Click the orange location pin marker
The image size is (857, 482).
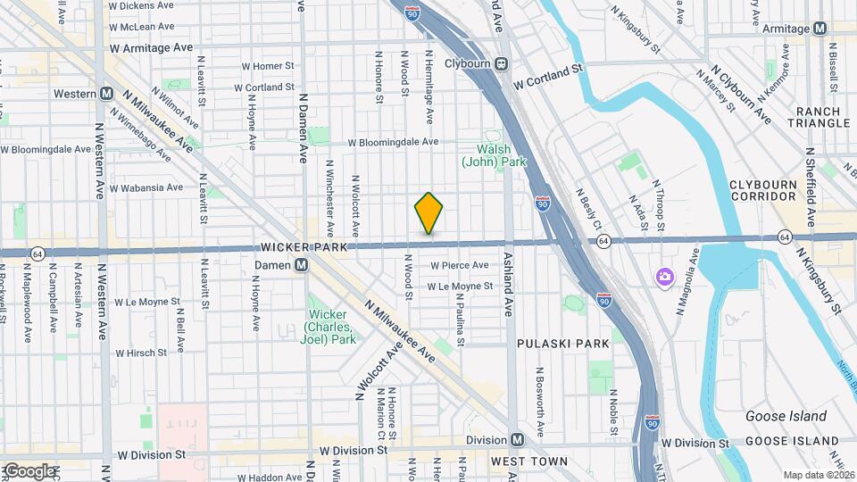click(x=428, y=213)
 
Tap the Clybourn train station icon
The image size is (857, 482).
click(x=502, y=63)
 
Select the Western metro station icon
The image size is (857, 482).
click(x=106, y=94)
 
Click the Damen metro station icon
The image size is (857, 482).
click(x=302, y=265)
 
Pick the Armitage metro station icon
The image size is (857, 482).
click(x=820, y=29)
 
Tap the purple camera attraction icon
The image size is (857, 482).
click(x=663, y=277)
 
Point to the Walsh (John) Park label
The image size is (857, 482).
click(x=494, y=155)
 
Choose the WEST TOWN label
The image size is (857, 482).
click(x=528, y=461)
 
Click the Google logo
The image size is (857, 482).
click(x=29, y=470)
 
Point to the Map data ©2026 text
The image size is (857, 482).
click(x=817, y=474)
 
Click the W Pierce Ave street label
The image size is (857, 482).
click(x=459, y=265)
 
